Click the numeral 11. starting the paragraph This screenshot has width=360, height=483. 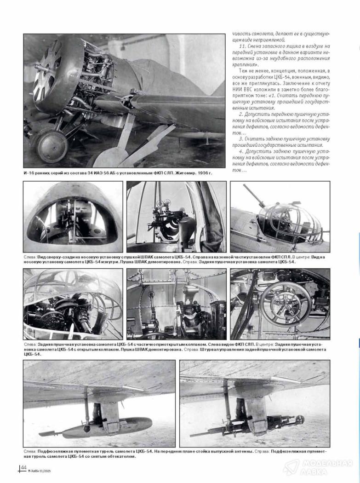pyautogui.click(x=243, y=47)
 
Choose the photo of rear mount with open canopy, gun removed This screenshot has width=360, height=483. pyautogui.click(x=177, y=304)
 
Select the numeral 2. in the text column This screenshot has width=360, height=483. pyautogui.click(x=241, y=113)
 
